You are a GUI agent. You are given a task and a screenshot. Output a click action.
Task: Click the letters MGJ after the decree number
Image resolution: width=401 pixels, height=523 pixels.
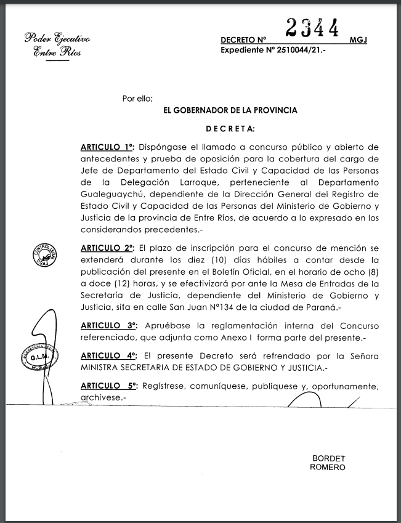click(x=357, y=40)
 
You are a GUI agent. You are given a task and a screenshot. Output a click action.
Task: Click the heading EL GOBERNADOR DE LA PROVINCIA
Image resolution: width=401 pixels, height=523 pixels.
click(x=230, y=111)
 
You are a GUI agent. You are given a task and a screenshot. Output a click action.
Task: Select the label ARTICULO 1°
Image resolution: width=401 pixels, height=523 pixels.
click(x=107, y=148)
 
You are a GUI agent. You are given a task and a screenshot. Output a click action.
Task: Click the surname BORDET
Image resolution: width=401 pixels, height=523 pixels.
click(x=329, y=459)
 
